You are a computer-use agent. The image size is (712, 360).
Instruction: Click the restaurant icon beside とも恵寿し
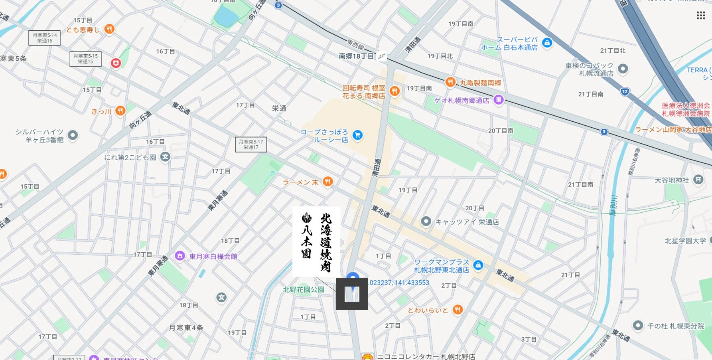[x=109, y=29]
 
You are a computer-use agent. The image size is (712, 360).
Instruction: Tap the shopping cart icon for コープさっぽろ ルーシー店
[x=357, y=135]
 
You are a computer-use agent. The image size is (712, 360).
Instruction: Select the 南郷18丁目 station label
[x=356, y=56]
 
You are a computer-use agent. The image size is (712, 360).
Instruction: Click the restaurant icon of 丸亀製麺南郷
[x=450, y=82]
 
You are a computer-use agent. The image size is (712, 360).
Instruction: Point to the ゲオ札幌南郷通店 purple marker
[x=498, y=100]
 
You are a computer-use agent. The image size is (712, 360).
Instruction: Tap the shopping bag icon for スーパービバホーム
[x=547, y=43]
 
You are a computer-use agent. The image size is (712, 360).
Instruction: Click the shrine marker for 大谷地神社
[x=698, y=180]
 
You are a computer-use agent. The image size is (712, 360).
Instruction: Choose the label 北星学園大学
[x=685, y=241]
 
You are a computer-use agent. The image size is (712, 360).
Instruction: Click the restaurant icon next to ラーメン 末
[x=327, y=182]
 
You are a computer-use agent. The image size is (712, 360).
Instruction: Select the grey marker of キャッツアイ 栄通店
[x=426, y=221]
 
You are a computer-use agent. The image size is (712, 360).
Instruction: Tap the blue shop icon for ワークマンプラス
[x=478, y=265]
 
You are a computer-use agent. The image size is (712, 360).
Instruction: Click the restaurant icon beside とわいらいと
[x=458, y=310]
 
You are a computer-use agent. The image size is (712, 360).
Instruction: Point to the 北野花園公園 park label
[x=304, y=289]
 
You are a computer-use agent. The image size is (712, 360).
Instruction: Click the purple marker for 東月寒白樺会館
[x=180, y=256]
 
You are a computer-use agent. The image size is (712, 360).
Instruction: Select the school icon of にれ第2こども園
[x=165, y=157]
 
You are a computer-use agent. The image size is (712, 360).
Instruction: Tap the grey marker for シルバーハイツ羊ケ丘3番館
[x=73, y=135]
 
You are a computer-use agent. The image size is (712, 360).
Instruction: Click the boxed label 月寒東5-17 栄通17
[x=251, y=144]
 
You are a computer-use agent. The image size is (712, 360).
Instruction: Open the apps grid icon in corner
[x=701, y=15]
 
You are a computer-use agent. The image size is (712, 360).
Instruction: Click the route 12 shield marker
[x=625, y=91]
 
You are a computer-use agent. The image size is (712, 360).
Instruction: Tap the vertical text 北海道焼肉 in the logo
[x=326, y=242]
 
